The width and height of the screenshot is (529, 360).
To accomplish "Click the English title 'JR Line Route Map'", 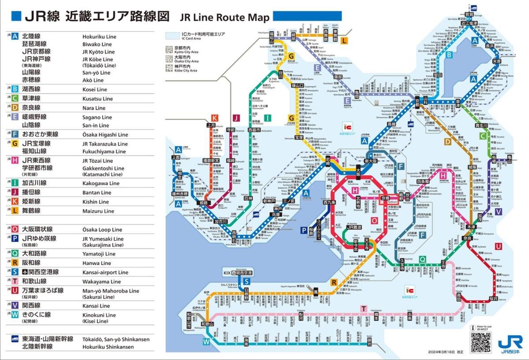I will click(224, 17).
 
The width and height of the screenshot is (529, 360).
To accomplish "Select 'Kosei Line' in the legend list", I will click(95, 89).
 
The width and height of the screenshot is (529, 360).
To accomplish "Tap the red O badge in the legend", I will click(15, 229).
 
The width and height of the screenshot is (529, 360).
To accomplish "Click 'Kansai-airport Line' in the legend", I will click(104, 272).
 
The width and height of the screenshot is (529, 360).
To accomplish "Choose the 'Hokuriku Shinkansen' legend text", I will click(108, 347).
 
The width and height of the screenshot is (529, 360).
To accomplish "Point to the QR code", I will click(480, 342).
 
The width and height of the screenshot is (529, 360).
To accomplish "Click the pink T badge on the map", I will click(364, 308).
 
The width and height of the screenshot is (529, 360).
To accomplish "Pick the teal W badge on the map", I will click(206, 341).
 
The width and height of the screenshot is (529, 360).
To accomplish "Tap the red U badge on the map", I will click(498, 246).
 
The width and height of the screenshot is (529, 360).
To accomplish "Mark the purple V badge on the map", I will click(498, 212).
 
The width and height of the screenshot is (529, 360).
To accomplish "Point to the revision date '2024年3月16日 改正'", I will click(445, 352).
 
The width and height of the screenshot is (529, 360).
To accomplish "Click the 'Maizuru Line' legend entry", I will click(98, 211).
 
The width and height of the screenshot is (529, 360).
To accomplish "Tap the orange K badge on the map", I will click(215, 118).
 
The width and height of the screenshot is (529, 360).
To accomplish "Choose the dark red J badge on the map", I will click(236, 118).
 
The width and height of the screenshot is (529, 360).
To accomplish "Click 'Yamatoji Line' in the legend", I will click(99, 254).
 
